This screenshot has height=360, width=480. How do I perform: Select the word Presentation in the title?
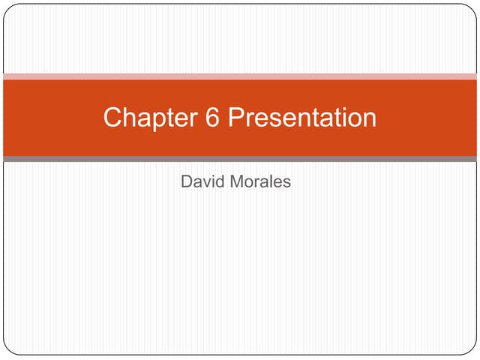coord(301,118)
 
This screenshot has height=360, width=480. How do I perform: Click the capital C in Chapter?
coord(113,118)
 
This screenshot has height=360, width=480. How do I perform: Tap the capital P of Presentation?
coord(235,118)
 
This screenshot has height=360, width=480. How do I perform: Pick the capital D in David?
coord(187,181)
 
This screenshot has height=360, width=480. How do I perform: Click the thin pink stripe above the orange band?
coord(240,76)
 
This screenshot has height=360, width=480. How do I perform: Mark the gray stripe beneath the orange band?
coord(240,159)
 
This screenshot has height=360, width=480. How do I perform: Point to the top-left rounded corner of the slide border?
coord(8,8)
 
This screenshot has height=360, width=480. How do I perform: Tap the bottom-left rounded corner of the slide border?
coord(8,350)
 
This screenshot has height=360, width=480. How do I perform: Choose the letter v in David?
coord(206,181)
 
